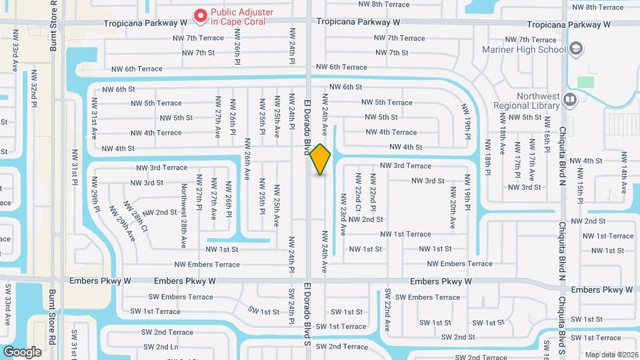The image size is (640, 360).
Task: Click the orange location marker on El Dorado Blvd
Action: tap(320, 159)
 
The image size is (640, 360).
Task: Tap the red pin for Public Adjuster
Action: tap(199, 15)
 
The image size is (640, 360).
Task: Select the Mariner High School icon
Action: tap(576, 49)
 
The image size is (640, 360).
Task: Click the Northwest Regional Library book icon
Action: tap(569, 100)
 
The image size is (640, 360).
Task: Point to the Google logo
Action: tap(22, 351)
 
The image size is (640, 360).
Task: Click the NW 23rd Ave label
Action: tap(343, 215)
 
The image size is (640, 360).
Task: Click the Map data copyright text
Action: tap(610, 354)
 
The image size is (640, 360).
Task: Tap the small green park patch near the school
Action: tap(586, 81)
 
